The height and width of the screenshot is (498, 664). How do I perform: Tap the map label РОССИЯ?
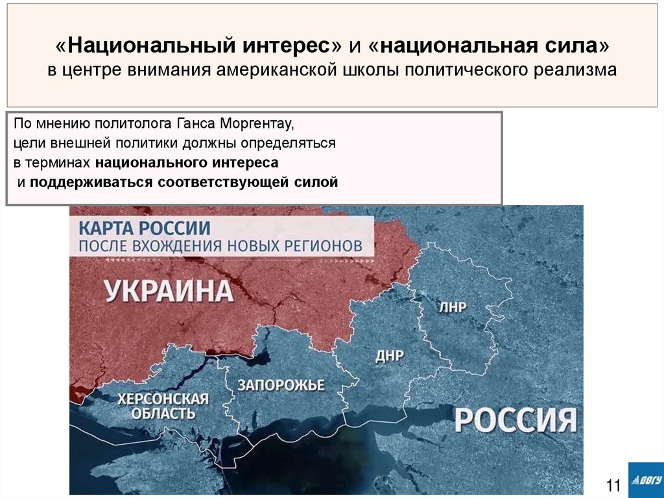point(516,420)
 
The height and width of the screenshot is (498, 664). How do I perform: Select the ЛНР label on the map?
point(453,307)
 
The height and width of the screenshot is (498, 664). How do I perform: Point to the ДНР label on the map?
point(389,356)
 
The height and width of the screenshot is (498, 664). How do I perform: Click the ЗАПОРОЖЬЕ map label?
point(281,384)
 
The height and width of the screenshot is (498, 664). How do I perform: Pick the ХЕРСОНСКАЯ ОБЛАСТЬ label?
point(163,406)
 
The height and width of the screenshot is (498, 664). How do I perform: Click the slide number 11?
point(613,485)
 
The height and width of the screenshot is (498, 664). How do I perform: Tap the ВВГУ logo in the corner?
point(645,480)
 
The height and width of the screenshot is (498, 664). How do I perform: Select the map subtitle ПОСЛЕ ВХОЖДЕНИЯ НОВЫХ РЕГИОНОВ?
point(226,247)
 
